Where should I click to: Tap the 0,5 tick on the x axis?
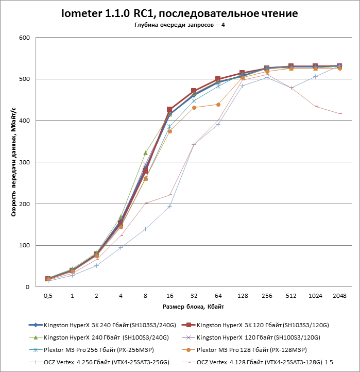(48, 296)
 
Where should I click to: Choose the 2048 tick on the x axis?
(339, 296)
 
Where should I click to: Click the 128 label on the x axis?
(242, 296)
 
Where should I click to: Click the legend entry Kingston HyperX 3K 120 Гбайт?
(263, 325)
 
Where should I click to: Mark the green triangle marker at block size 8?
(145, 153)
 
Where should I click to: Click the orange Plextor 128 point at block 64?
(218, 105)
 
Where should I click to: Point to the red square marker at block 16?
(169, 109)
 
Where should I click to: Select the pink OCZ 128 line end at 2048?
(339, 113)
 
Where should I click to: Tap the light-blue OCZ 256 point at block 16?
(169, 206)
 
